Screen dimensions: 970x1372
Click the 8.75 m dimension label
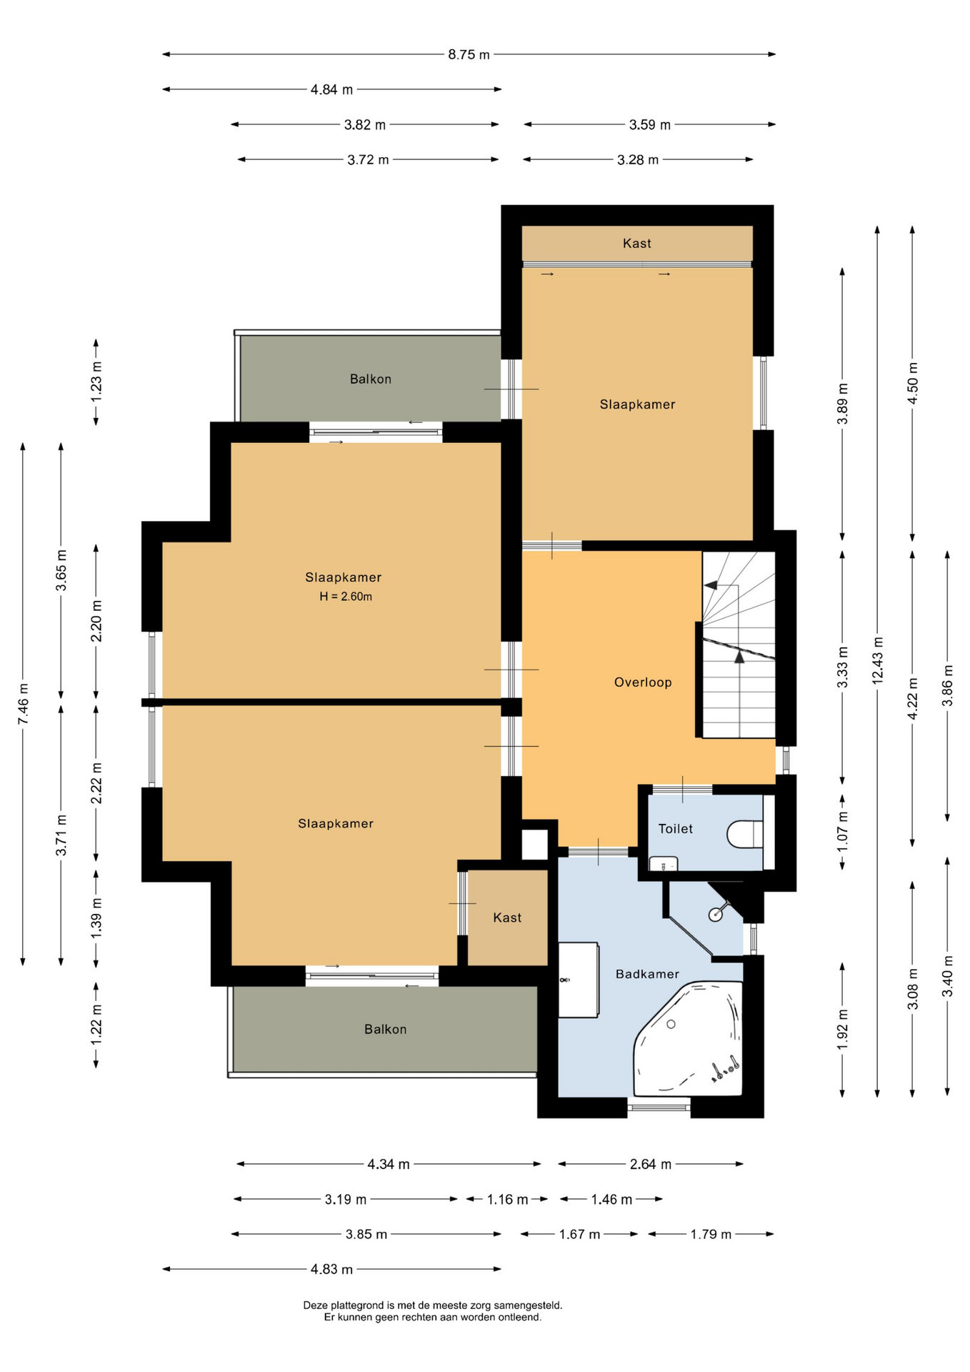click(x=469, y=54)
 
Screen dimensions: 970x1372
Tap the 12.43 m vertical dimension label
click(x=878, y=660)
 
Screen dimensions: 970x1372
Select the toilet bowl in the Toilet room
click(x=745, y=834)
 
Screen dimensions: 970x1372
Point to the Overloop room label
click(x=643, y=682)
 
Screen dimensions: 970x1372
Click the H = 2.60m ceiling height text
click(x=346, y=597)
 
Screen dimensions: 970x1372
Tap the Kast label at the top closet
click(x=637, y=244)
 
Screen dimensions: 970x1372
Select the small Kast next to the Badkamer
click(x=507, y=918)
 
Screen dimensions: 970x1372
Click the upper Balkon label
click(x=371, y=379)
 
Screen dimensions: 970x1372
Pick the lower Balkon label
click(x=386, y=1030)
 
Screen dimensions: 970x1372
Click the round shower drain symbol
click(x=715, y=915)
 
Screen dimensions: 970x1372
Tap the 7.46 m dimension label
click(x=24, y=704)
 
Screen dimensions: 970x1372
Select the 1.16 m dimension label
click(x=508, y=1200)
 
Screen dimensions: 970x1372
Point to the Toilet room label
click(x=676, y=829)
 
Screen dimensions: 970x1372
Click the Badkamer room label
click(x=647, y=974)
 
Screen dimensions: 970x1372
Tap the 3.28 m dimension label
click(x=638, y=160)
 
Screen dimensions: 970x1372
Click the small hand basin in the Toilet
click(x=663, y=864)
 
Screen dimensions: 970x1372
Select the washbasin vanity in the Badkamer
click(x=578, y=980)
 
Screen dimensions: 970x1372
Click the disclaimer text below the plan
click(x=433, y=1311)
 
